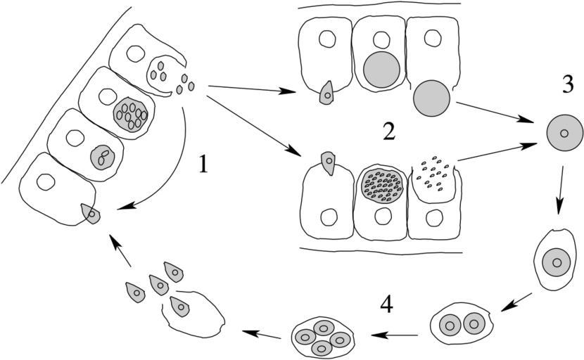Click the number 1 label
point(204,165)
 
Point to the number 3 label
point(568,84)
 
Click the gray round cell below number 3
point(563,134)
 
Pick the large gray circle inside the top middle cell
point(382,70)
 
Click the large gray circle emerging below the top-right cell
point(431,98)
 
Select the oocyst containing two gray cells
point(463,325)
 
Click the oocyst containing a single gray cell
point(557,261)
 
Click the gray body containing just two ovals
point(103,156)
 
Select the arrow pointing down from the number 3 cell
point(561,190)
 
